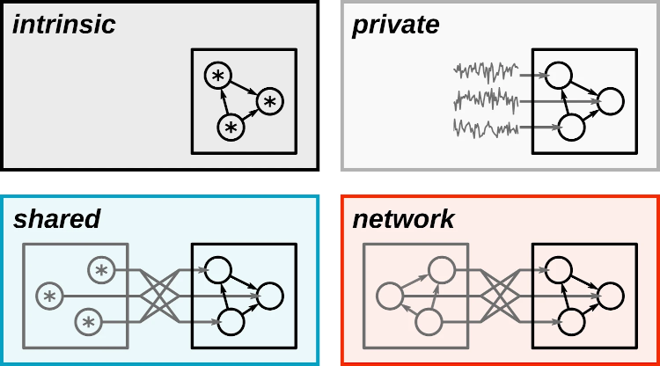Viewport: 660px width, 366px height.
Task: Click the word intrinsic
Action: (x=64, y=25)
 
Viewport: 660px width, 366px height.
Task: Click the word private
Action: (x=396, y=26)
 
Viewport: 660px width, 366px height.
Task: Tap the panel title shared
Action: (x=57, y=219)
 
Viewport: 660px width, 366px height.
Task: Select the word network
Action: (x=404, y=219)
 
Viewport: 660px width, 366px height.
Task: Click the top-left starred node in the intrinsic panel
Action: (x=218, y=76)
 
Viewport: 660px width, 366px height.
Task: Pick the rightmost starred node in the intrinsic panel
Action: (x=270, y=101)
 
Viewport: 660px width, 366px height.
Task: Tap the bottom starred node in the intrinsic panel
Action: (x=231, y=128)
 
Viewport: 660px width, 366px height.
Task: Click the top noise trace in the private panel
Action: (x=486, y=72)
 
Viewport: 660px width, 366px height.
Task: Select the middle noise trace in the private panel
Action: (x=486, y=100)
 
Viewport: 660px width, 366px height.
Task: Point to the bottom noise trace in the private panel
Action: (x=486, y=128)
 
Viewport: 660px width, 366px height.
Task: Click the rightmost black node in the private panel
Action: (x=611, y=101)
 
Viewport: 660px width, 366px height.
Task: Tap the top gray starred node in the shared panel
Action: (x=101, y=270)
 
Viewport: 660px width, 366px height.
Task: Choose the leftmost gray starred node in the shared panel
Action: (x=49, y=296)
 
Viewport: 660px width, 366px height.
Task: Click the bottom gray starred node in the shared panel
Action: (x=89, y=322)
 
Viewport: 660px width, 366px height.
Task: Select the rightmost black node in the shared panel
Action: (x=270, y=296)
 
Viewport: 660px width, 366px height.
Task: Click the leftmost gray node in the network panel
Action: (x=390, y=296)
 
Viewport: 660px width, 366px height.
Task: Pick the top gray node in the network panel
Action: (x=442, y=270)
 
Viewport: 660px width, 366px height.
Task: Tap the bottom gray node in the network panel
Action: (x=429, y=322)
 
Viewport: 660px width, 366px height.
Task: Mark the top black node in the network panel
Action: (x=559, y=270)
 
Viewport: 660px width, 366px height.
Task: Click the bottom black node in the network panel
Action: (x=571, y=322)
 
